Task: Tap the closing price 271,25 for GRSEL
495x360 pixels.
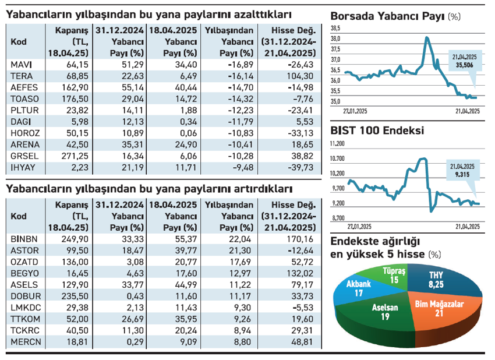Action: coord(75,157)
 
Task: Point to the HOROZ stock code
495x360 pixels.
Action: coord(24,133)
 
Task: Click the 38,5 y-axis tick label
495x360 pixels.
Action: coord(336,29)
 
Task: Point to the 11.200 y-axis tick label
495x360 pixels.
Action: coord(338,143)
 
